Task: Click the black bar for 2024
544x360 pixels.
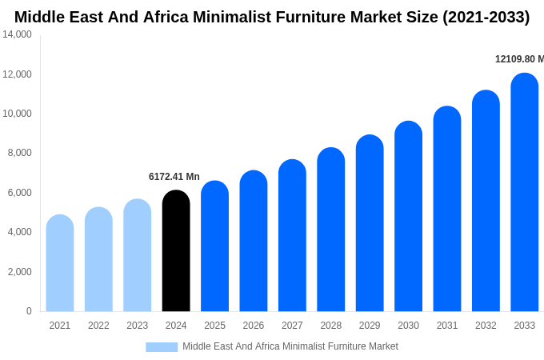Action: click(176, 251)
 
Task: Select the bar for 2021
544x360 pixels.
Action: click(60, 263)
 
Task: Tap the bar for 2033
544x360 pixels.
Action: click(525, 193)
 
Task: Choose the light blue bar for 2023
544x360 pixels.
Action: click(138, 255)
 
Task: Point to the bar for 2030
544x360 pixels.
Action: click(408, 217)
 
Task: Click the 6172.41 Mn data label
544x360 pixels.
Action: click(174, 177)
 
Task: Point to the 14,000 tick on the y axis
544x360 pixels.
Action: click(18, 34)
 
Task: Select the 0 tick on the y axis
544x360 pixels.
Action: click(29, 311)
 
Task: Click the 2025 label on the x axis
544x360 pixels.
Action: click(214, 326)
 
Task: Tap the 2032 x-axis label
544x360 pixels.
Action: click(486, 326)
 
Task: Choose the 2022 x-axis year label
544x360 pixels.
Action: click(98, 326)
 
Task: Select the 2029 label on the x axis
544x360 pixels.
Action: click(370, 326)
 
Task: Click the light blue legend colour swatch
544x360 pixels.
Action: click(162, 347)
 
